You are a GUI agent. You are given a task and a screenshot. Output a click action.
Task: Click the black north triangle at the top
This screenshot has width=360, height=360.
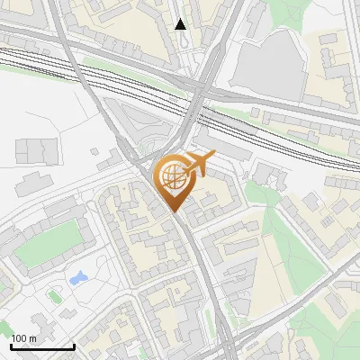click(181, 24)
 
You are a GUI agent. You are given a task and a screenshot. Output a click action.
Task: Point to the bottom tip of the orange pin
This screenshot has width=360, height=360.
click(174, 213)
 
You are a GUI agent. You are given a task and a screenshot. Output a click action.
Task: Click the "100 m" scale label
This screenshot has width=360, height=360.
click(24, 338)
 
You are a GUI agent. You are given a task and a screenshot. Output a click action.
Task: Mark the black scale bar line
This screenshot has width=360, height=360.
click(41, 346)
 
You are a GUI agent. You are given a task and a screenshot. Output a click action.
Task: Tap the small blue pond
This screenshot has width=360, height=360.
click(76, 277)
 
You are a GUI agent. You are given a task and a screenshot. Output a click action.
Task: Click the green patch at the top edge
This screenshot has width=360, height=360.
click(284, 11)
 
